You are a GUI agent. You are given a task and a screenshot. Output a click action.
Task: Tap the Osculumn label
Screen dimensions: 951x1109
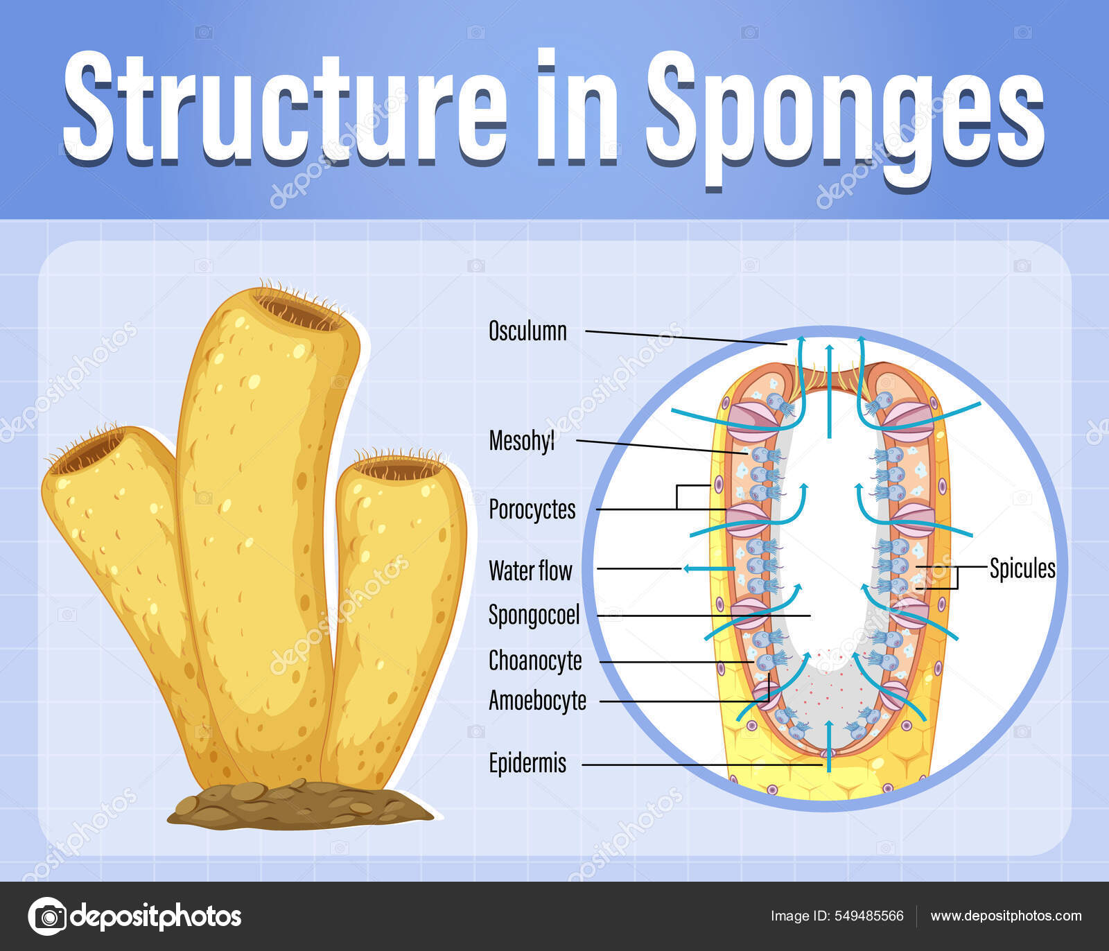(527, 331)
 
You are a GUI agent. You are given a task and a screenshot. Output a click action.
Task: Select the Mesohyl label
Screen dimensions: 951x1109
(521, 441)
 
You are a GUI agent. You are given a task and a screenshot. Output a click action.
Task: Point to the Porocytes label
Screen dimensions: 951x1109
(532, 509)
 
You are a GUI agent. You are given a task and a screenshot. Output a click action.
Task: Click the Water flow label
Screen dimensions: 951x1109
(530, 570)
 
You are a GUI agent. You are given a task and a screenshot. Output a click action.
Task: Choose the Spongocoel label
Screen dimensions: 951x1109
(534, 615)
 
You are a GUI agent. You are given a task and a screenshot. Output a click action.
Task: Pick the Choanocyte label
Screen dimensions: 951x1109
(535, 661)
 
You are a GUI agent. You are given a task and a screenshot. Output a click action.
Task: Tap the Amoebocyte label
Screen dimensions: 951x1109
(537, 701)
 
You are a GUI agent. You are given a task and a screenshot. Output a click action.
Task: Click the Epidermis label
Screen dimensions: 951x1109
(527, 763)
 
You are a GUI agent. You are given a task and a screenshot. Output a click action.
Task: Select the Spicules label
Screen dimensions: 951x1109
(1022, 568)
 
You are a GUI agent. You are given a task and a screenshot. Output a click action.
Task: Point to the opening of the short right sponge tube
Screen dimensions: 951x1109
(399, 470)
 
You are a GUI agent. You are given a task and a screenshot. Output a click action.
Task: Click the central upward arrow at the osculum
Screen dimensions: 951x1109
(829, 388)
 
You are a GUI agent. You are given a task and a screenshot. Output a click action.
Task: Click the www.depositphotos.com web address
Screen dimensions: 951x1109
(1006, 916)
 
